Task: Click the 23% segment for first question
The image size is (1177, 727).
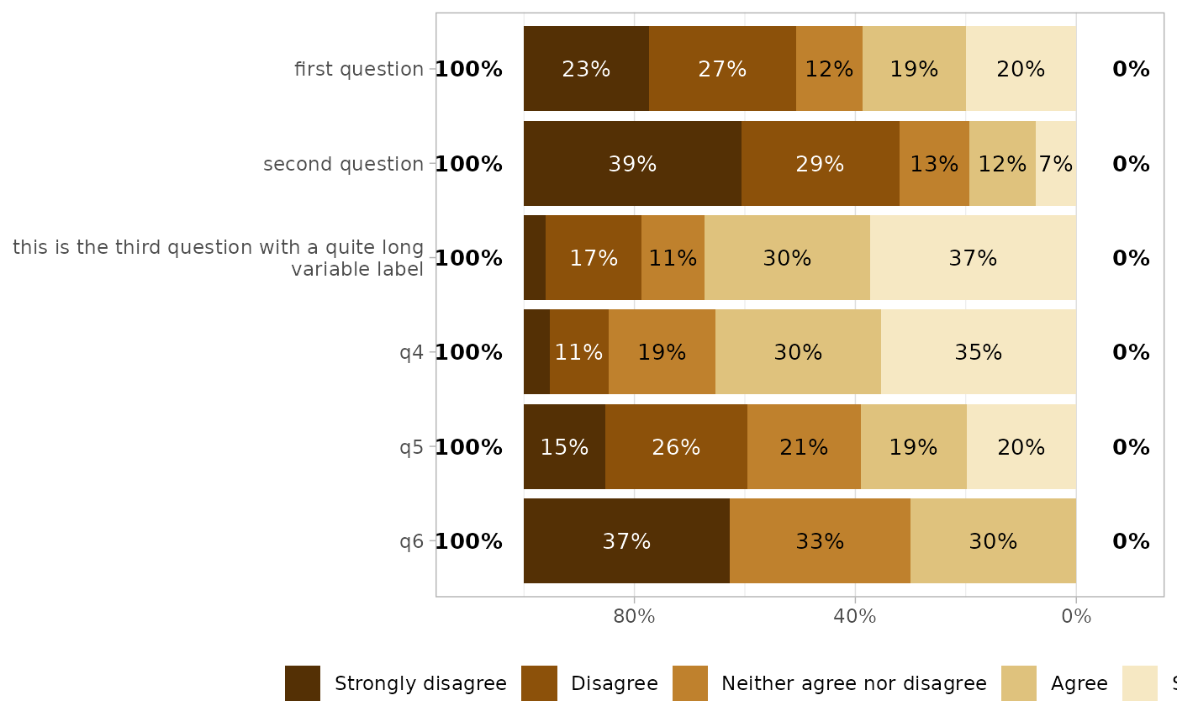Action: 586,69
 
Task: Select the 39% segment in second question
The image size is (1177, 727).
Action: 632,164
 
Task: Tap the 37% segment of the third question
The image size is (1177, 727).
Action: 973,258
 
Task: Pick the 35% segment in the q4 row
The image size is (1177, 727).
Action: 978,352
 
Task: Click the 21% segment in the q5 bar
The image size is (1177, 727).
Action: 804,447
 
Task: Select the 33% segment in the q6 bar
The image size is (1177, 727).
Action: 820,541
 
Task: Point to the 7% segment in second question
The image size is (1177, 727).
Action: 1055,164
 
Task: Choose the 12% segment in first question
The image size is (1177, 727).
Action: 829,69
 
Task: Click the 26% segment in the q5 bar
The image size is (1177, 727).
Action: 676,447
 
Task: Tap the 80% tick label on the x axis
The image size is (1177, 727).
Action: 634,617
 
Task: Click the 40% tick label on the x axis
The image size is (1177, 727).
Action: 855,617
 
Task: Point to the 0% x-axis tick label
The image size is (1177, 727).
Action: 1076,617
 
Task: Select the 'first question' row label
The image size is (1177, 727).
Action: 359,69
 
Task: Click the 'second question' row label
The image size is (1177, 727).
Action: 343,164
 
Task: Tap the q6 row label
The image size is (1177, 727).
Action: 411,541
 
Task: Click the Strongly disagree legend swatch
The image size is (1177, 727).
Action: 303,683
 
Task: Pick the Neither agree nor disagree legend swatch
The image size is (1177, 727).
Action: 690,683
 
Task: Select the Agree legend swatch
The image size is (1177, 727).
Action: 1019,683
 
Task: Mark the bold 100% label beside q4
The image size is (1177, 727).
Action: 468,352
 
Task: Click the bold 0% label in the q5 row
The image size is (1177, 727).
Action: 1131,447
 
